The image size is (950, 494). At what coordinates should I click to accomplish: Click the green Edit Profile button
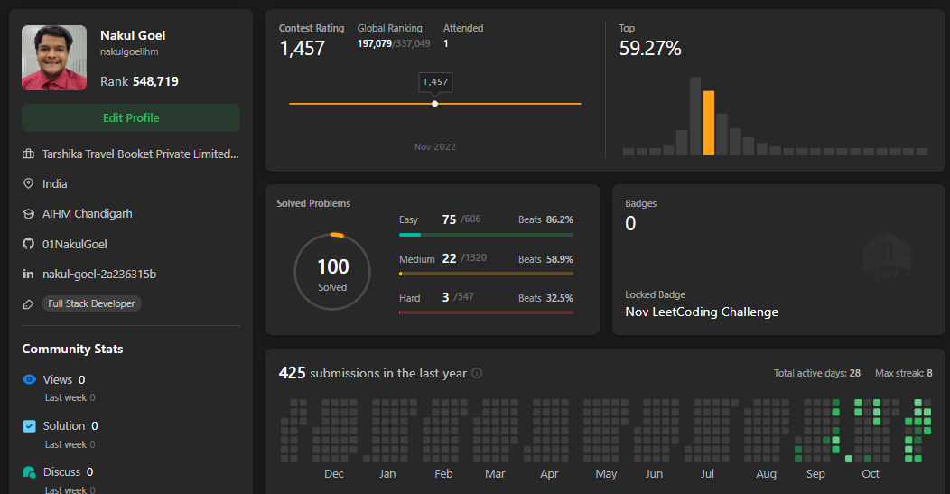pyautogui.click(x=131, y=117)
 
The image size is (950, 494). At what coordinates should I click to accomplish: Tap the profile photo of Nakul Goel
pyautogui.click(x=54, y=58)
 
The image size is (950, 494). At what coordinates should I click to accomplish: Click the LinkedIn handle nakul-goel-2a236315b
pyautogui.click(x=99, y=274)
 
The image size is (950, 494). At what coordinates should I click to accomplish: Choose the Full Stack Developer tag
pyautogui.click(x=91, y=303)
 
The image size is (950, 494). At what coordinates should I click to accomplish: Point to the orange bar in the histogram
pyautogui.click(x=708, y=123)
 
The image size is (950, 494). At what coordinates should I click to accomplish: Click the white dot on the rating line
pyautogui.click(x=435, y=104)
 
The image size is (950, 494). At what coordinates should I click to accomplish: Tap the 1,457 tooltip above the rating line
pyautogui.click(x=435, y=82)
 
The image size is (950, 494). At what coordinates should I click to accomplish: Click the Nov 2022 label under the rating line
pyautogui.click(x=435, y=146)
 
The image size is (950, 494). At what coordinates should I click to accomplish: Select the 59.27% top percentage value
pyautogui.click(x=650, y=49)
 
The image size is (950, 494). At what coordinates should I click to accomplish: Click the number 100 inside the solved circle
pyautogui.click(x=333, y=266)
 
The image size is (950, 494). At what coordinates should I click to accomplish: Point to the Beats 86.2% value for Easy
pyautogui.click(x=545, y=219)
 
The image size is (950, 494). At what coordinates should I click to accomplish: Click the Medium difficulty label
pyautogui.click(x=417, y=259)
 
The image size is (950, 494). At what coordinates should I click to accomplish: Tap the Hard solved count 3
pyautogui.click(x=446, y=297)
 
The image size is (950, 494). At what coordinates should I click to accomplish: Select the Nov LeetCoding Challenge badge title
pyautogui.click(x=702, y=312)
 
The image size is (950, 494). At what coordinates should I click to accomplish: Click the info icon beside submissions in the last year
pyautogui.click(x=477, y=373)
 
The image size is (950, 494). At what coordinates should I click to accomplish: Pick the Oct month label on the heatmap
pyautogui.click(x=871, y=474)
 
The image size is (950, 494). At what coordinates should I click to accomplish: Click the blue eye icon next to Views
pyautogui.click(x=29, y=379)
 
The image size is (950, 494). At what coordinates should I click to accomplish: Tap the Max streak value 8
pyautogui.click(x=929, y=373)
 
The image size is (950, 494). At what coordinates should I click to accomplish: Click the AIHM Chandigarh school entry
pyautogui.click(x=88, y=214)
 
